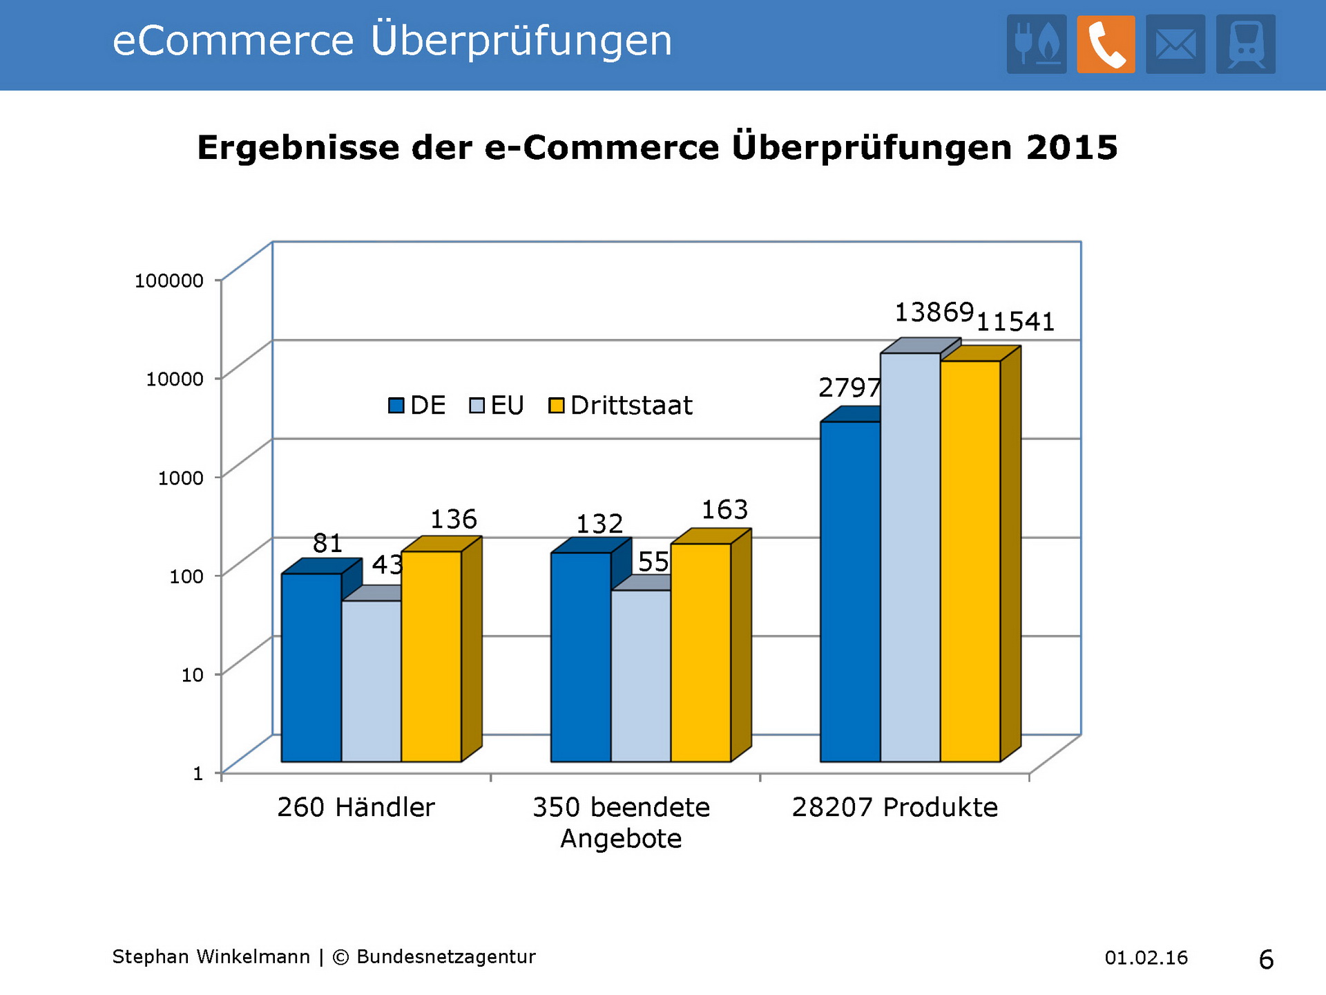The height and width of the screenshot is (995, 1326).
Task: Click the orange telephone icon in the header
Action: (1106, 44)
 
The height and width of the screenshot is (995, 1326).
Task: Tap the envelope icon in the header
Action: (1175, 44)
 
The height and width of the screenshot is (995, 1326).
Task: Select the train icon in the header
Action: (1246, 44)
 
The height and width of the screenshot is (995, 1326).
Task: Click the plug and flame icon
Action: (1036, 44)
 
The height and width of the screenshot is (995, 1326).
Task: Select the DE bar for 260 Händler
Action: (311, 667)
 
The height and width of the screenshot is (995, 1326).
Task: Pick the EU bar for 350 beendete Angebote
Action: (641, 676)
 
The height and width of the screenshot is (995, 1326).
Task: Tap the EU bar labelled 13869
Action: (910, 557)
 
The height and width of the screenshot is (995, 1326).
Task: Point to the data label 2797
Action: (849, 388)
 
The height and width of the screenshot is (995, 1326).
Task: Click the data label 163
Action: (724, 510)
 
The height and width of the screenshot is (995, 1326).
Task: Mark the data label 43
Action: (387, 565)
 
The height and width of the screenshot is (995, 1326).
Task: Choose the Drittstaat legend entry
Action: (621, 406)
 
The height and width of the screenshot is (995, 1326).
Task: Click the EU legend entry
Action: (497, 406)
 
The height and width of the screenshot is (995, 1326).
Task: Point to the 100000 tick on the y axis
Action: (169, 281)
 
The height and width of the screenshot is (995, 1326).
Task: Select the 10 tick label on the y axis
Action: (192, 674)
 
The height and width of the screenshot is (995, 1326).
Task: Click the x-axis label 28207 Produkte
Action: (894, 807)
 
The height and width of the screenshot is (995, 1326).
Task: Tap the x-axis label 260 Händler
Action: (356, 807)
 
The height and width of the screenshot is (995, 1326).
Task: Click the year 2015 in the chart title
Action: (1071, 147)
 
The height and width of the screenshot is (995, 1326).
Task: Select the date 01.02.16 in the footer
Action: (1146, 958)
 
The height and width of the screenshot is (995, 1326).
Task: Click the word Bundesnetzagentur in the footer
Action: (445, 957)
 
